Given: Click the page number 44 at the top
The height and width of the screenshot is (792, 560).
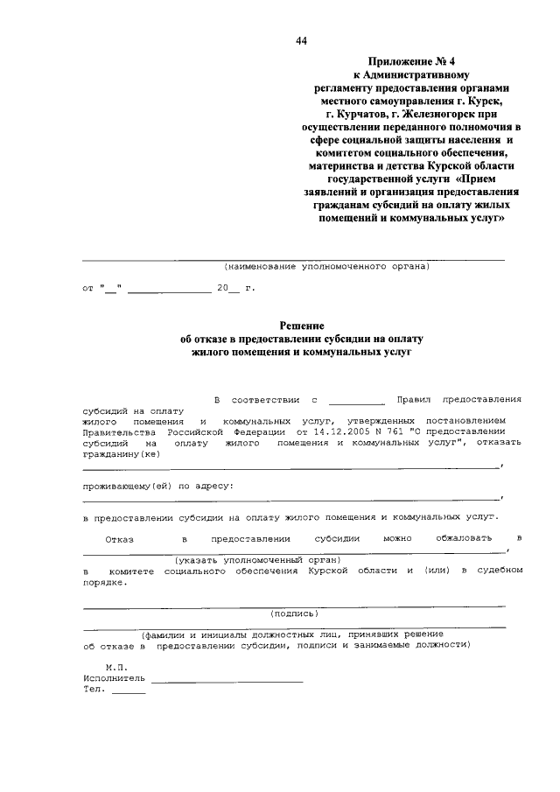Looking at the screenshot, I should [302, 41].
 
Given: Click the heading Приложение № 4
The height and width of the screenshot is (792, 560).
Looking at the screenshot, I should [409, 63].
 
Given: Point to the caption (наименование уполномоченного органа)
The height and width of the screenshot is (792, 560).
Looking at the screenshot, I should [326, 267].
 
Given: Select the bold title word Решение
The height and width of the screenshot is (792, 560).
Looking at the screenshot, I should [301, 324].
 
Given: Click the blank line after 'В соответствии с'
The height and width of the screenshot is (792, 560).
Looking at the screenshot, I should [356, 399].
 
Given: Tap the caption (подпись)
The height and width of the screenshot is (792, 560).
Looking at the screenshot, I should [294, 613].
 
